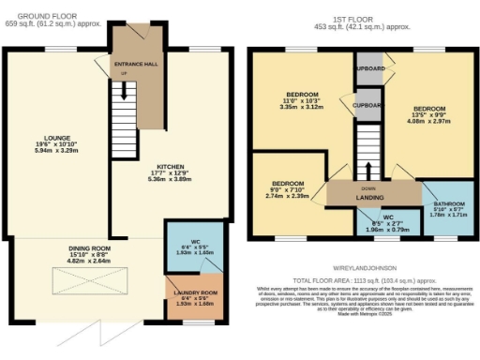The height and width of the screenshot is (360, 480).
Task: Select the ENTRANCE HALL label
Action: pyautogui.click(x=133, y=64)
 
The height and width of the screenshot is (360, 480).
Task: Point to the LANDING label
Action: pyautogui.click(x=374, y=196)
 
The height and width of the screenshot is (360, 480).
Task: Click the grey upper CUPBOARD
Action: pyautogui.click(x=370, y=67)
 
